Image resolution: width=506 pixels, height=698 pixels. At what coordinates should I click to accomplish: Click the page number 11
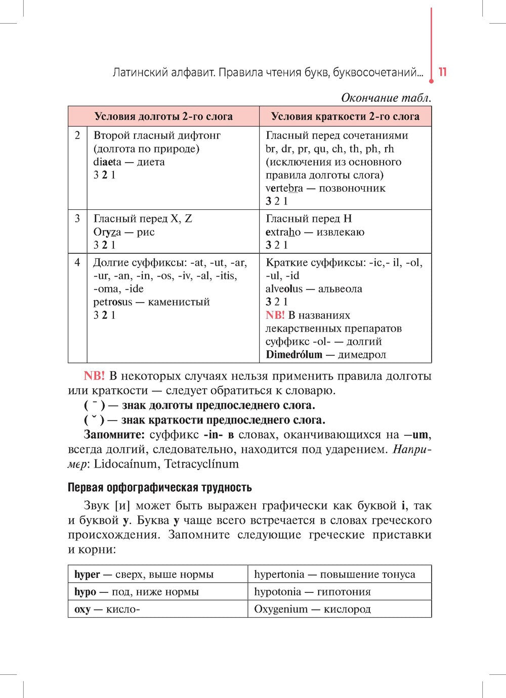tap(443, 72)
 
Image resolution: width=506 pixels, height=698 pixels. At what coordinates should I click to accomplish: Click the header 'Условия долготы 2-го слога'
tap(163, 116)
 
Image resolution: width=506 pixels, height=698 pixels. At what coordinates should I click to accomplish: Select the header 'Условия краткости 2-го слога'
tap(345, 116)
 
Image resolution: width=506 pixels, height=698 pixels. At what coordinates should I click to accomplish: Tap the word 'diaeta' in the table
tap(107, 162)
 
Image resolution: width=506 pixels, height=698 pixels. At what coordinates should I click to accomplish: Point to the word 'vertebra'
tap(284, 189)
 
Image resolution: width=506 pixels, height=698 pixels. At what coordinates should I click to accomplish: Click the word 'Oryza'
tap(107, 232)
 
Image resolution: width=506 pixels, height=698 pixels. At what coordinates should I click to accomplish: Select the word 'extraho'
tap(283, 232)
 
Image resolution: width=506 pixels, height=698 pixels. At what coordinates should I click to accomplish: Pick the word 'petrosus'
tap(112, 302)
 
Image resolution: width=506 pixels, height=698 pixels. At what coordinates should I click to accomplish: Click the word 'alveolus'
tap(284, 289)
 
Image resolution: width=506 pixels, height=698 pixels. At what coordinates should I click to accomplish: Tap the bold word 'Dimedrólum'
tap(294, 355)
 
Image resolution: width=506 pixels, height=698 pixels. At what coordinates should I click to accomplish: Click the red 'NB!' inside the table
tap(275, 315)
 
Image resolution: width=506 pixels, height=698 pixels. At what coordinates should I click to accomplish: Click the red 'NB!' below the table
tap(94, 376)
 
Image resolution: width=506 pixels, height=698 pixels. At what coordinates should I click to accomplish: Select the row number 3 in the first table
tap(77, 219)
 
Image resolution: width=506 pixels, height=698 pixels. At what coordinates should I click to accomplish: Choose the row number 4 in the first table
tap(77, 263)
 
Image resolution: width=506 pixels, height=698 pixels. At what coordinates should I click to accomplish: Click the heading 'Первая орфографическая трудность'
tap(159, 488)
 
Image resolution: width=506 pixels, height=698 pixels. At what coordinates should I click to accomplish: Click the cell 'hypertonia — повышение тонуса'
tap(334, 575)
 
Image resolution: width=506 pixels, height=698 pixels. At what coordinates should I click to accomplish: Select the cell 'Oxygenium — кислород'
tap(312, 609)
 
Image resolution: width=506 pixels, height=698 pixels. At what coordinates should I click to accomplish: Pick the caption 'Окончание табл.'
tap(386, 98)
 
